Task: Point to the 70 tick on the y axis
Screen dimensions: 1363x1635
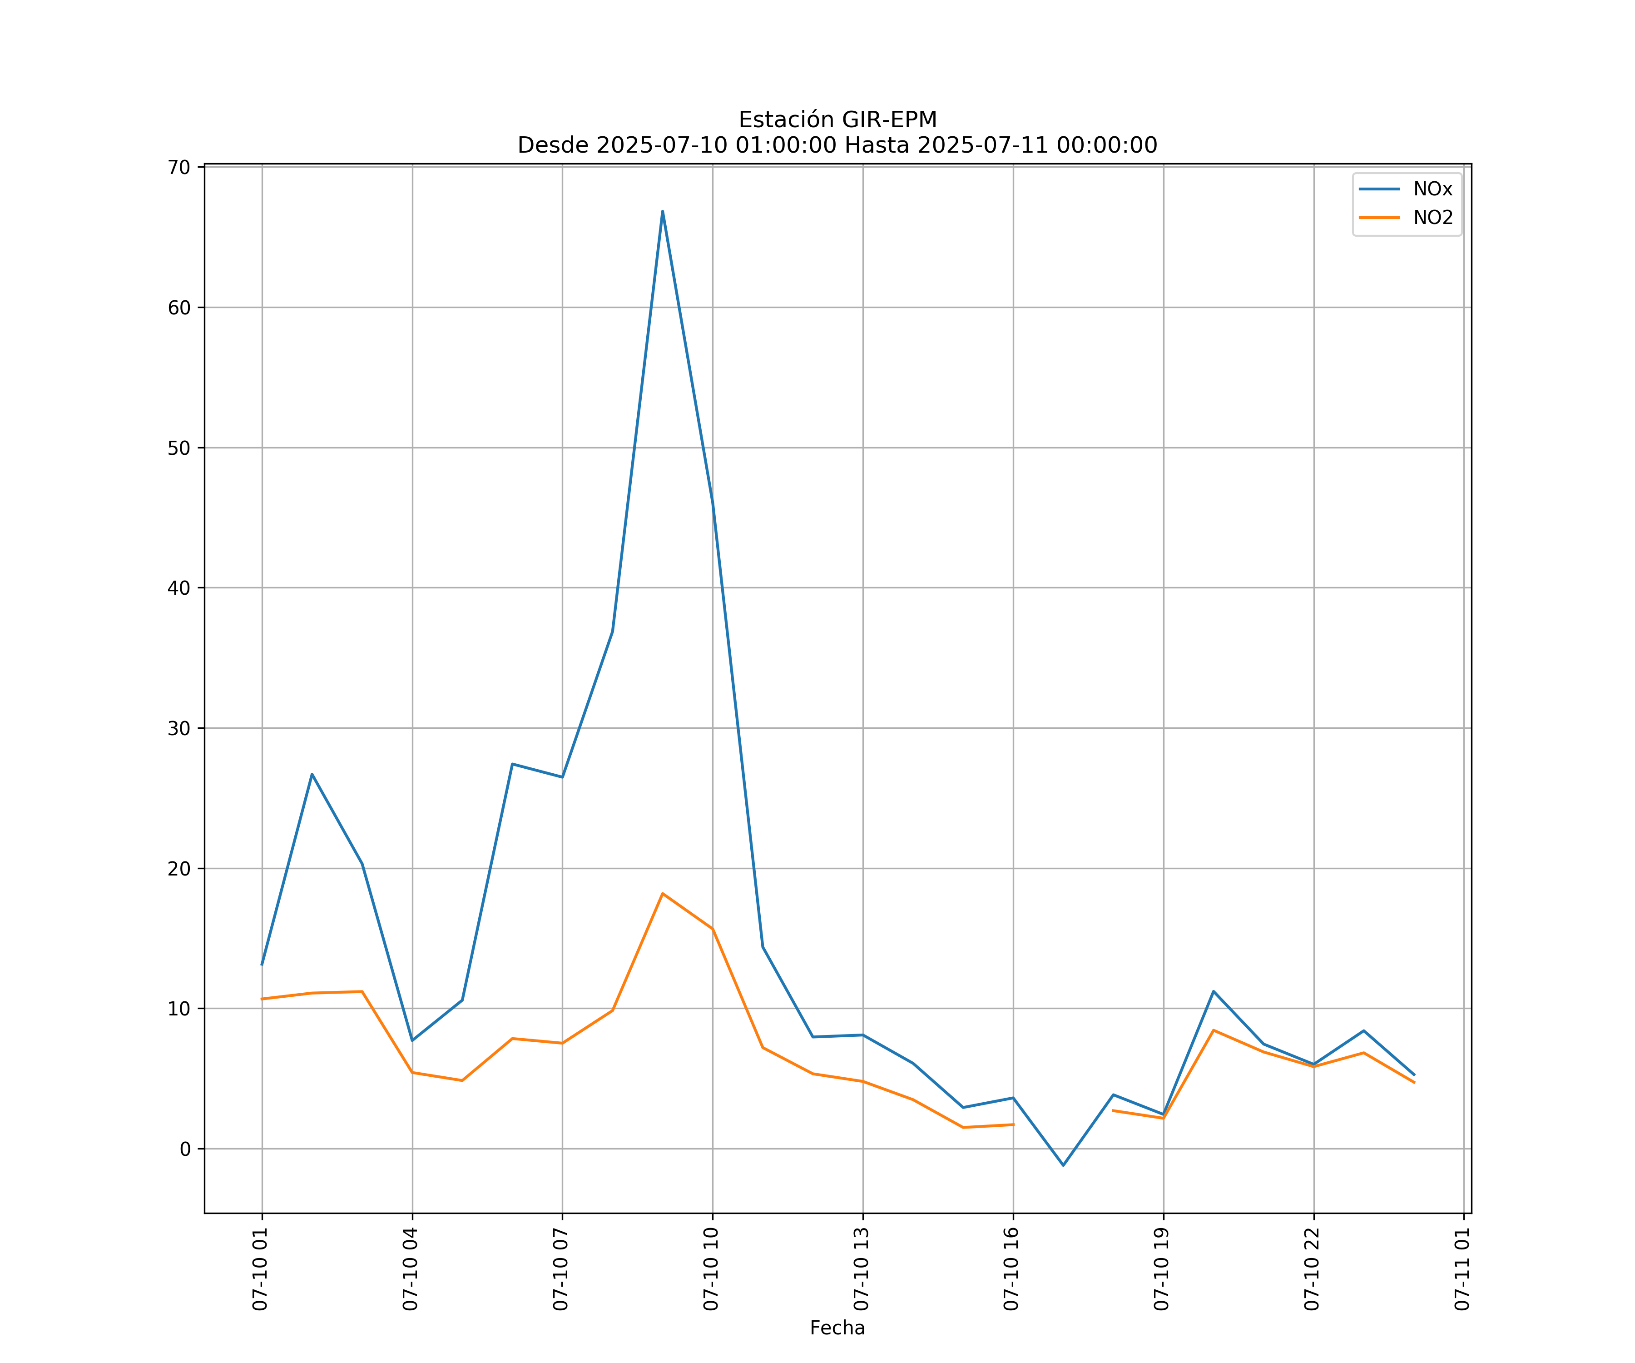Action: [179, 168]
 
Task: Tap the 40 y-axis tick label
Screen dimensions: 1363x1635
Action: [179, 588]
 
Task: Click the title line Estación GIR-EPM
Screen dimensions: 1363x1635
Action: [837, 120]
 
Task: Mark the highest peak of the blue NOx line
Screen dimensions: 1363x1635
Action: [663, 211]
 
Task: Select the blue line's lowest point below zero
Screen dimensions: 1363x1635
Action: [1064, 1165]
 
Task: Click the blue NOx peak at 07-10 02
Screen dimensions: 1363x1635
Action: [312, 774]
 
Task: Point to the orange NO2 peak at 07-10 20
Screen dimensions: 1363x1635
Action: [1214, 1030]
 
